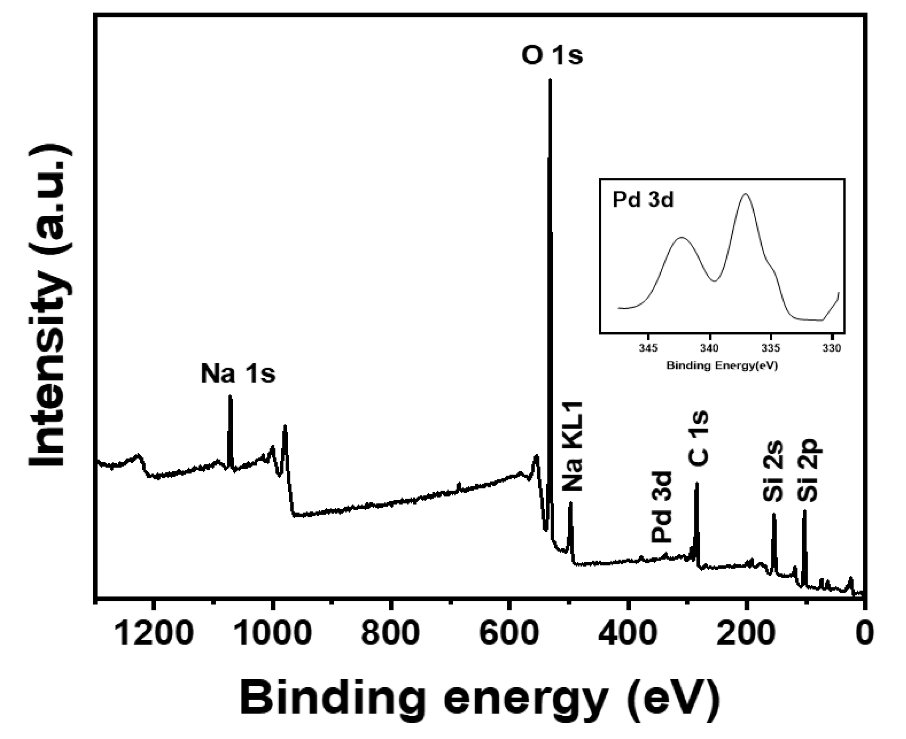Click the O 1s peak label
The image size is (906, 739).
click(552, 56)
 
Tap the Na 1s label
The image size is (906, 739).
click(238, 374)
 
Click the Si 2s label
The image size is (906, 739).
click(773, 472)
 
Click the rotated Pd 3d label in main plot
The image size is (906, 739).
click(662, 507)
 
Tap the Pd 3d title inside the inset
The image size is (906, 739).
click(643, 200)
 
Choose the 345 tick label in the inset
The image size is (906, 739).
click(648, 348)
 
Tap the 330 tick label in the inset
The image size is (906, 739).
click(831, 348)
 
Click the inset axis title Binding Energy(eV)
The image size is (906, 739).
click(722, 365)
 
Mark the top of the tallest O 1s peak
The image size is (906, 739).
click(550, 80)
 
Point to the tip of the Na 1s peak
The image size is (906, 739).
click(230, 396)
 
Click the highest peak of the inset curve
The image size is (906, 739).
click(746, 194)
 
